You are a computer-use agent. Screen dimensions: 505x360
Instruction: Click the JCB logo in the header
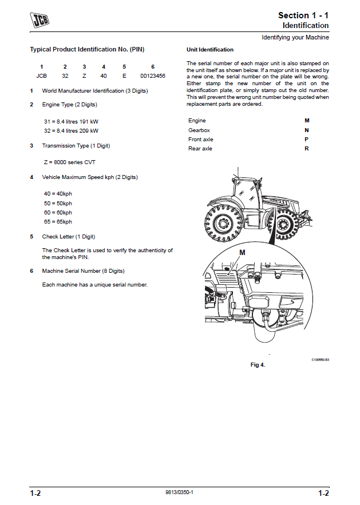click(39, 22)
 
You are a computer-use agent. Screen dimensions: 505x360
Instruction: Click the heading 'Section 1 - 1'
click(303, 15)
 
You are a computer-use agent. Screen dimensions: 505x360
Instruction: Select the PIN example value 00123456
click(153, 75)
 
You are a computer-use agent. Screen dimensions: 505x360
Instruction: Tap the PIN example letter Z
click(84, 75)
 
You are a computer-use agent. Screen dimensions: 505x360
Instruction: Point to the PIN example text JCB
click(41, 75)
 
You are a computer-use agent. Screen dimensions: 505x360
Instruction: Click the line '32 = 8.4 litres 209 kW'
click(71, 131)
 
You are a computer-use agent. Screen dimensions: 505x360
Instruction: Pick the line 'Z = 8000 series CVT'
click(69, 162)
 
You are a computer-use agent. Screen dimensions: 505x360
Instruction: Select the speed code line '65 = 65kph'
click(58, 221)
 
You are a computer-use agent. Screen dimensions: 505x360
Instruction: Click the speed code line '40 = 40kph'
click(58, 193)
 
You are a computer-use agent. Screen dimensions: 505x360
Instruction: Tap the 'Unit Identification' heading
click(210, 50)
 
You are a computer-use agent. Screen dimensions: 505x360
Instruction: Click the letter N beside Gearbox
click(307, 130)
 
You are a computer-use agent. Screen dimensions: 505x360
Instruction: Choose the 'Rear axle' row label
click(200, 149)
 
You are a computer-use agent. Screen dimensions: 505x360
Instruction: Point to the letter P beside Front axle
click(307, 140)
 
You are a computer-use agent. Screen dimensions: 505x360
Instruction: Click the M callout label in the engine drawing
click(242, 252)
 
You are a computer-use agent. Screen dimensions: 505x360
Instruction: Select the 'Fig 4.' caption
click(258, 365)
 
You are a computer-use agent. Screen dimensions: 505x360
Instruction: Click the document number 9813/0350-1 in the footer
click(179, 492)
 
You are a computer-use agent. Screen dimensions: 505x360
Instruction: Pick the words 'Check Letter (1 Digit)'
click(69, 236)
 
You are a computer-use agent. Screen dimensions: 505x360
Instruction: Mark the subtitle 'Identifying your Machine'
click(295, 37)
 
